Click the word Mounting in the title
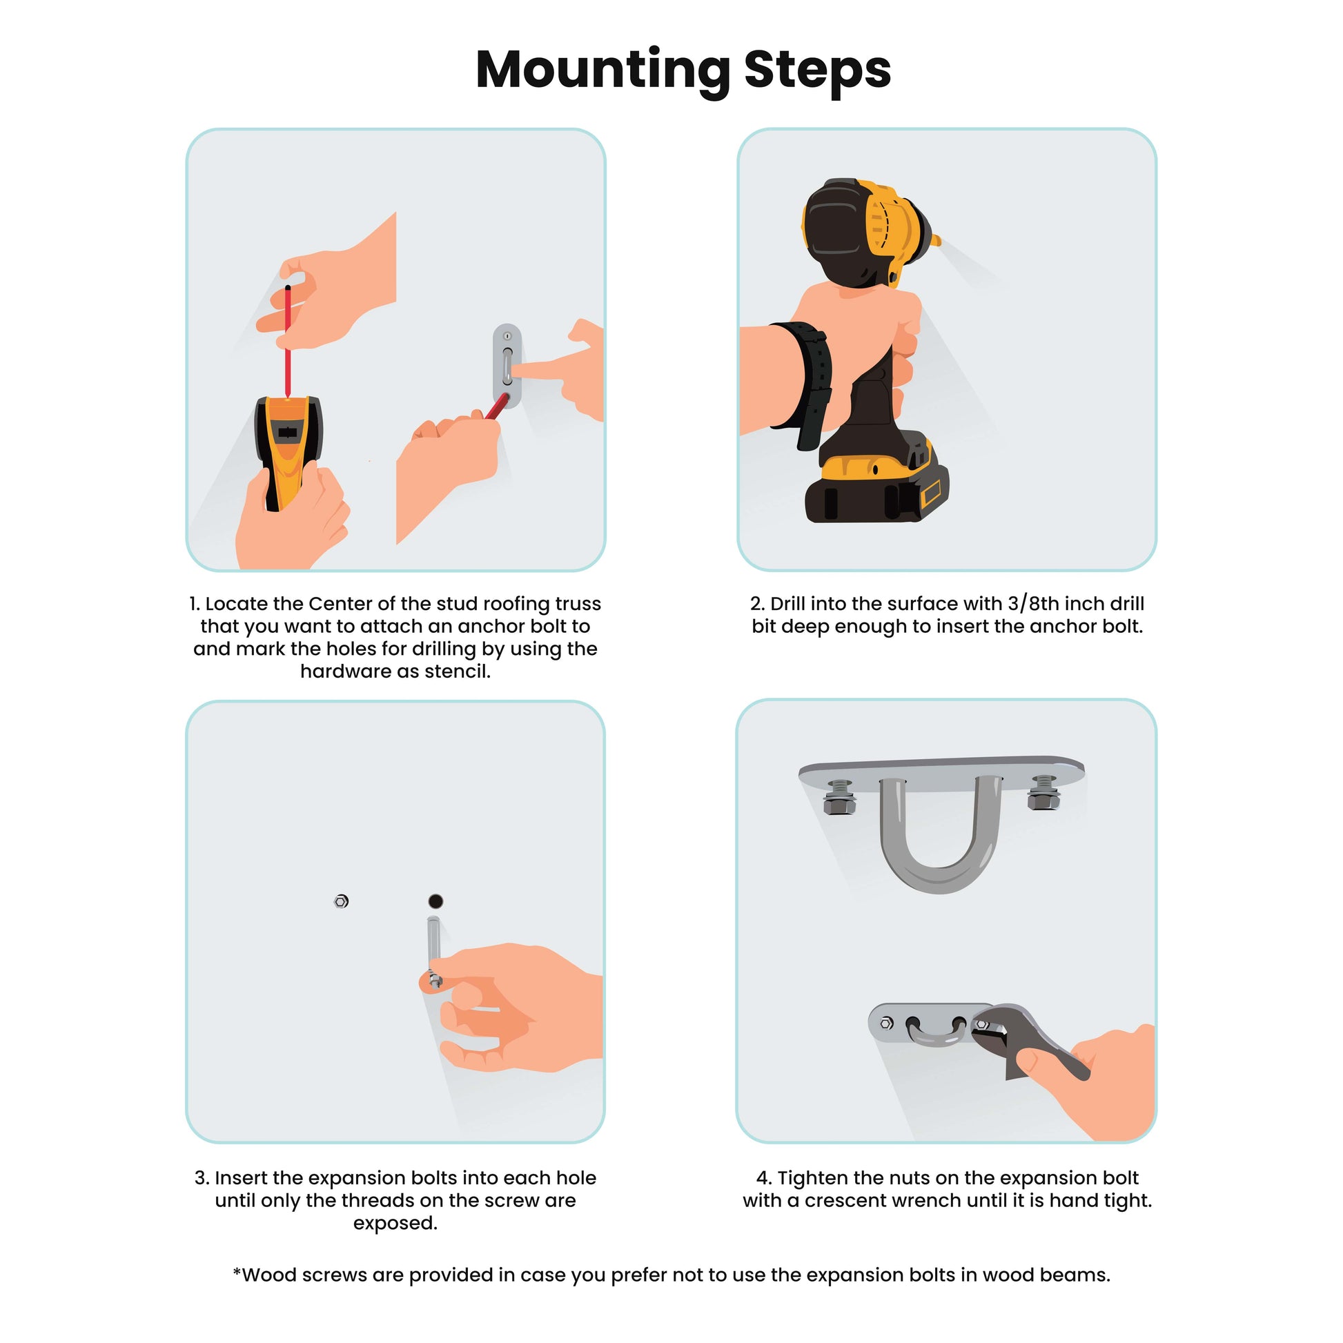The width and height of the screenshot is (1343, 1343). point(602,71)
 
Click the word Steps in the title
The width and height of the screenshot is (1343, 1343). point(817,70)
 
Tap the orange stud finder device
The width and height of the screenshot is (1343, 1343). point(288,452)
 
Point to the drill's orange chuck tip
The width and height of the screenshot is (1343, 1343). point(936,242)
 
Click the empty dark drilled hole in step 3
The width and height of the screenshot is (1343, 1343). point(435,901)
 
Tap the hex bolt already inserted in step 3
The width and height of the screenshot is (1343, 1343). point(341,901)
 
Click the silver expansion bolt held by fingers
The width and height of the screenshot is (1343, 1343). point(434,950)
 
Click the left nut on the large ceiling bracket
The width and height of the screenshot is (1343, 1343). point(840,797)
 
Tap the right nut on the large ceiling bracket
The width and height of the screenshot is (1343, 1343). point(1044,793)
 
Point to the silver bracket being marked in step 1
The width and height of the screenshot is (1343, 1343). point(507,365)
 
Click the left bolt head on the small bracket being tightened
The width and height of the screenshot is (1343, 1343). point(886,1023)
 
